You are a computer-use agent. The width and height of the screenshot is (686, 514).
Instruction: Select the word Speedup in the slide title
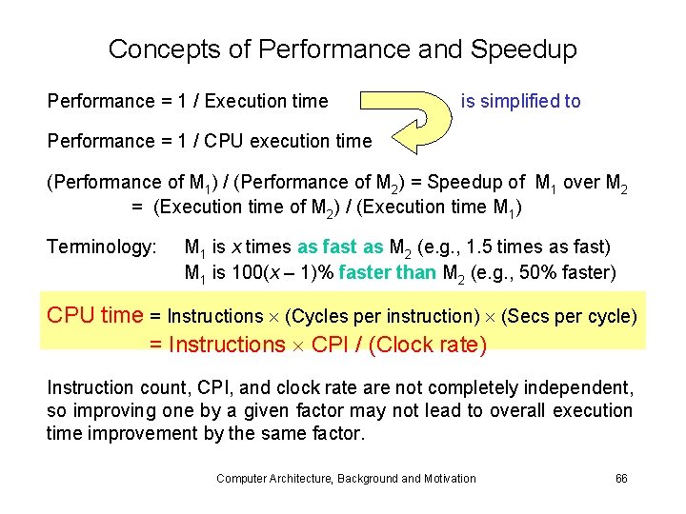(530, 49)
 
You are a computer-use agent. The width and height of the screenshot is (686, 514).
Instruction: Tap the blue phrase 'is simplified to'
(520, 101)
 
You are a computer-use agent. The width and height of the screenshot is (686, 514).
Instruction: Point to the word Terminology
(101, 247)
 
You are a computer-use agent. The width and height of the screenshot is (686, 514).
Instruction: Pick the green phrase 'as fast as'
(341, 247)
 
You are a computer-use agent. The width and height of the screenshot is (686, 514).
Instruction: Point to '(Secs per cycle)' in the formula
(569, 317)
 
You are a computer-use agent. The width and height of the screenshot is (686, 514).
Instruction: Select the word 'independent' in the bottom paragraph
(577, 387)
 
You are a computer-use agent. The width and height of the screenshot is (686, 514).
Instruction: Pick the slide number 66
(621, 478)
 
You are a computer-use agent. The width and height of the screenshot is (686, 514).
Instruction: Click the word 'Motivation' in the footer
(447, 478)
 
